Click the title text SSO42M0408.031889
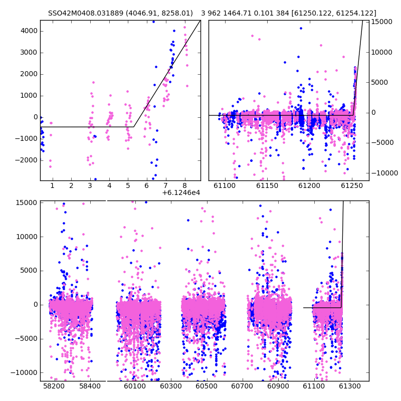(x=86, y=13)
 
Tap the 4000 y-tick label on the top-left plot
(x=29, y=31)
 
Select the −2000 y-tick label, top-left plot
(x=26, y=160)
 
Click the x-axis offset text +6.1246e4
(x=181, y=192)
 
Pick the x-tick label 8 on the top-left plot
(x=184, y=185)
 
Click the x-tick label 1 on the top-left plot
(x=52, y=185)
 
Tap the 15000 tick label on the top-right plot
(x=381, y=22)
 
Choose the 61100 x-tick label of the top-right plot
(x=225, y=185)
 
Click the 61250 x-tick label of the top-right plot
(x=352, y=185)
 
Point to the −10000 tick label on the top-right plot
(x=384, y=173)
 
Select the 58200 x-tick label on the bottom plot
(x=54, y=386)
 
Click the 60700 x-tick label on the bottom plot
(x=242, y=386)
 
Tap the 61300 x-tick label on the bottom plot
(x=349, y=386)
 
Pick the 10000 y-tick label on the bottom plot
(x=27, y=237)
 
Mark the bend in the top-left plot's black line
(x=134, y=127)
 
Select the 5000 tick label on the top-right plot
(x=379, y=82)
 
